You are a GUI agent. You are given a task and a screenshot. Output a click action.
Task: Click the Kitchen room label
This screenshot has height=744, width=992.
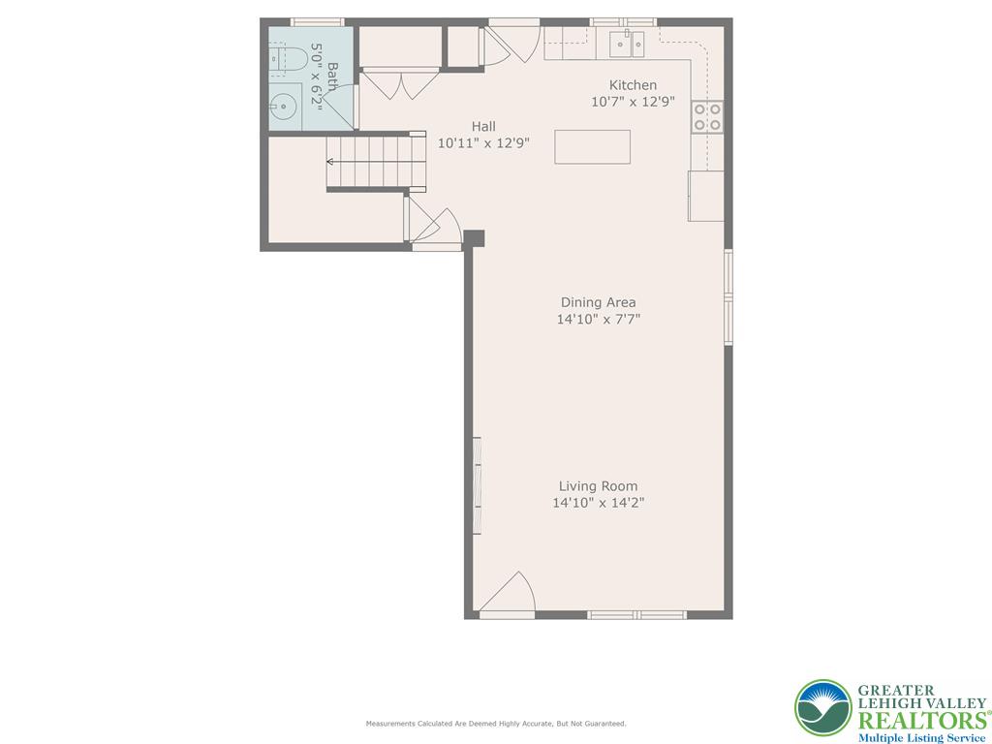(633, 85)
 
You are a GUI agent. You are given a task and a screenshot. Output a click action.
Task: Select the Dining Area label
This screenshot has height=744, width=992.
(598, 302)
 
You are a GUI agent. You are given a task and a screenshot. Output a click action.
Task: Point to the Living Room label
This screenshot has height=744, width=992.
(598, 486)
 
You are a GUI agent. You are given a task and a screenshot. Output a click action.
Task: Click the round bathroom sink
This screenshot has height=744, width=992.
(283, 108)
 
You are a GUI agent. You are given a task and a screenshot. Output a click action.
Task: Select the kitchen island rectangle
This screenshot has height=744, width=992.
(592, 147)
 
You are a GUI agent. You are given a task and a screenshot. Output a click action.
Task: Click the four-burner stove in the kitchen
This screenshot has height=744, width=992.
(707, 116)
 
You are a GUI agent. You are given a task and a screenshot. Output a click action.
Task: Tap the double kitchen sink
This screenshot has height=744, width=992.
(627, 43)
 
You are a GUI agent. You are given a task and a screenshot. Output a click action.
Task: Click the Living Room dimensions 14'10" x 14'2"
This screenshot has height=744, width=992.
(598, 503)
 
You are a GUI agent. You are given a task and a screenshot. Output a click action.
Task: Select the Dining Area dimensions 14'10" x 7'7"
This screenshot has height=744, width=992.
(598, 319)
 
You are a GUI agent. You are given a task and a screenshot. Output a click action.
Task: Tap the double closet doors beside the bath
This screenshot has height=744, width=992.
(399, 83)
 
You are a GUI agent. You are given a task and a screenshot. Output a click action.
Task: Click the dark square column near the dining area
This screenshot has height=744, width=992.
(474, 238)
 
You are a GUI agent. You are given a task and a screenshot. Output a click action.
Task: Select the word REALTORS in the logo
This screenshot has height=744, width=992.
(920, 720)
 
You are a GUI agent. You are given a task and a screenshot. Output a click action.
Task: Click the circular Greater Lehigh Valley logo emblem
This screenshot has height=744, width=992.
(822, 707)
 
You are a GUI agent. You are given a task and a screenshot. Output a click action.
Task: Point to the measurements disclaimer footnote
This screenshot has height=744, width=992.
(495, 724)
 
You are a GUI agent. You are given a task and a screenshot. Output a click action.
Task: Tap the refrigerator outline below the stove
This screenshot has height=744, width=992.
(705, 196)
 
